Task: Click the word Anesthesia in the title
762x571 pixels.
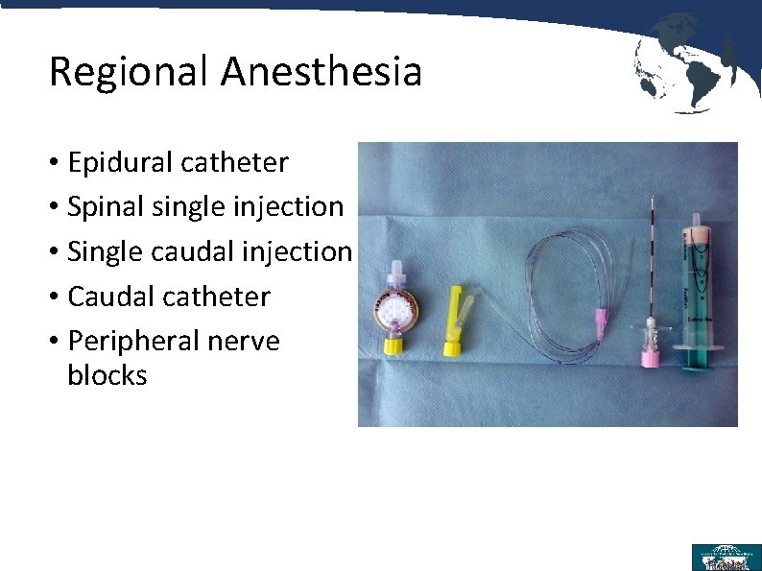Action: [321, 72]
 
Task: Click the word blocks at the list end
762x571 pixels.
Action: [107, 375]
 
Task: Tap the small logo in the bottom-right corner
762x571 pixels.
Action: [726, 557]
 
